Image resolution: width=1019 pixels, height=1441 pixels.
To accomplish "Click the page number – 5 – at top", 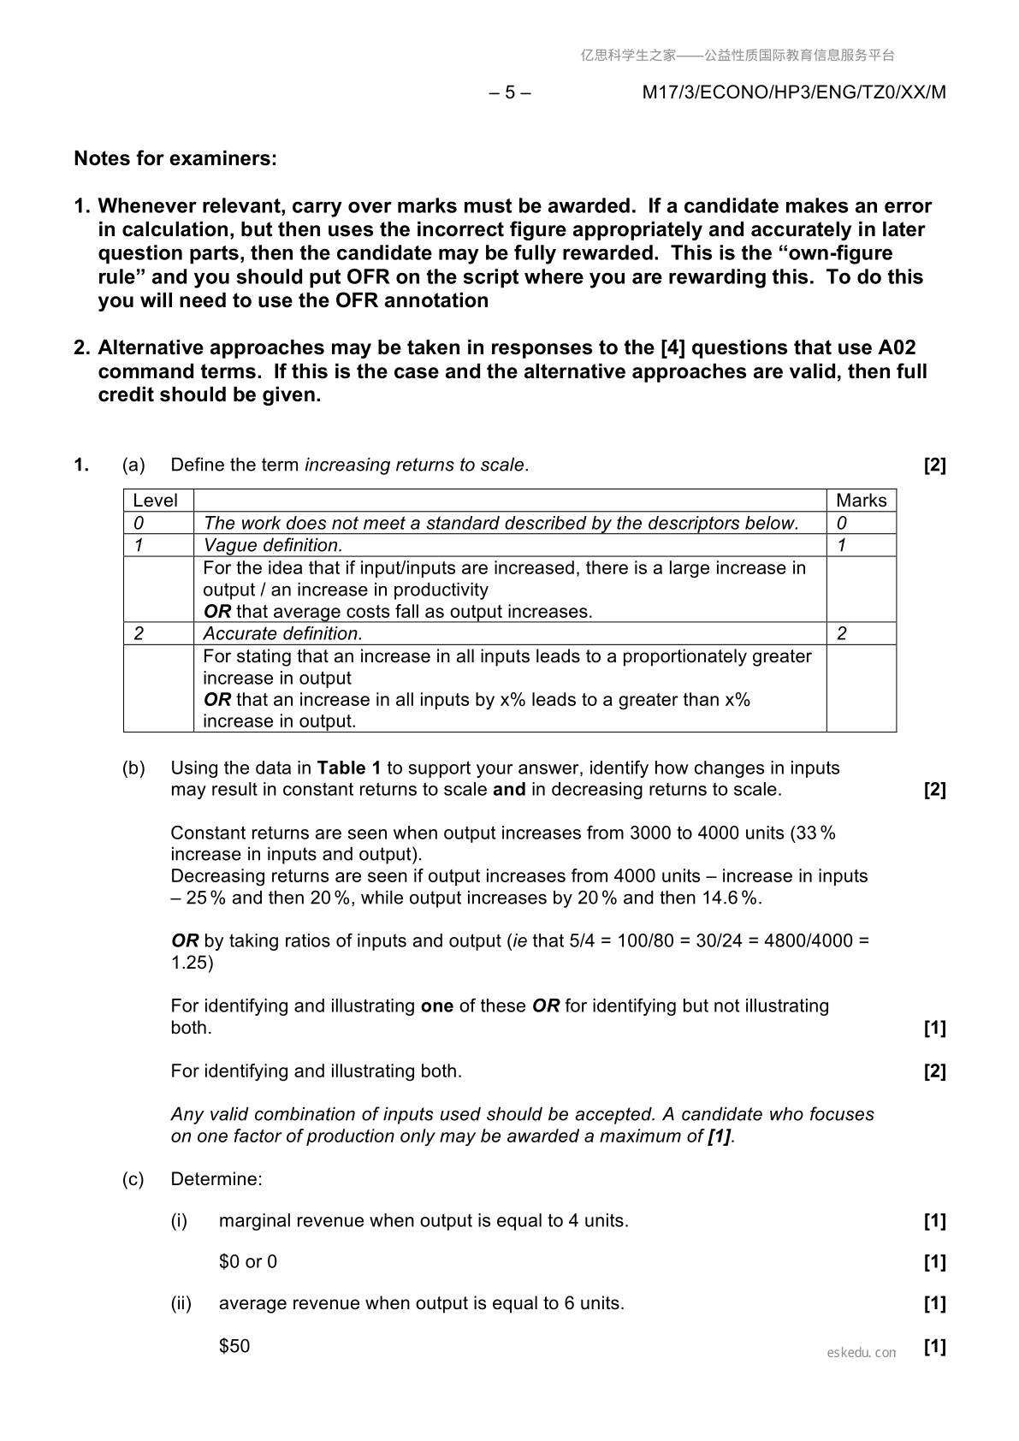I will [x=510, y=92].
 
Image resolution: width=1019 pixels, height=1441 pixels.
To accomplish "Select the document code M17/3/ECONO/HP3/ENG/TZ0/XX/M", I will [x=794, y=92].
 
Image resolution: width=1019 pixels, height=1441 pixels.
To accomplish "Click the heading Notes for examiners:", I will [x=175, y=158].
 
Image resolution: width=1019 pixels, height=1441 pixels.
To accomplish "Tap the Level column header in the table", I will [x=156, y=501].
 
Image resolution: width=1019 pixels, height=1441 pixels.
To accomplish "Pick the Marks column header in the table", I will [x=861, y=501].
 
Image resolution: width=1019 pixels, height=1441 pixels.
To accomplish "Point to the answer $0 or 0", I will [x=248, y=1262].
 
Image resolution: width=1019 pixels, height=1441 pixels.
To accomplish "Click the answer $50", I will [x=234, y=1346].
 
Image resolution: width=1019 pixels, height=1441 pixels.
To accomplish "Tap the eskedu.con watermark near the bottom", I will [x=862, y=1353].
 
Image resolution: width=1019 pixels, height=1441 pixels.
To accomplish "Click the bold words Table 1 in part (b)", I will [x=349, y=768].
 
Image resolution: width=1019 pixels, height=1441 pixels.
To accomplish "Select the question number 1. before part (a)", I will [x=81, y=465].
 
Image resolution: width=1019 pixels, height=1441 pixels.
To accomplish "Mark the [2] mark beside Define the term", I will [x=935, y=465].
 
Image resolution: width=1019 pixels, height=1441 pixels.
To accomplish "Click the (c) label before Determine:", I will [x=133, y=1179].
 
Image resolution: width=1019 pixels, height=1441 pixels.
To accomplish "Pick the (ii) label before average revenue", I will [x=181, y=1303].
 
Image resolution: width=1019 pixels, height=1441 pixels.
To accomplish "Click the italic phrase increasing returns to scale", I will [x=414, y=465].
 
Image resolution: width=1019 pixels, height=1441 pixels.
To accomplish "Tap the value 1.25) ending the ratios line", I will [x=193, y=963].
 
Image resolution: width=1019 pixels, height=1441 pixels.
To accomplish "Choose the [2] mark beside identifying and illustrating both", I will [x=935, y=1071].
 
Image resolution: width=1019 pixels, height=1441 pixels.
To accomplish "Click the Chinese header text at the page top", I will [x=738, y=56].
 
